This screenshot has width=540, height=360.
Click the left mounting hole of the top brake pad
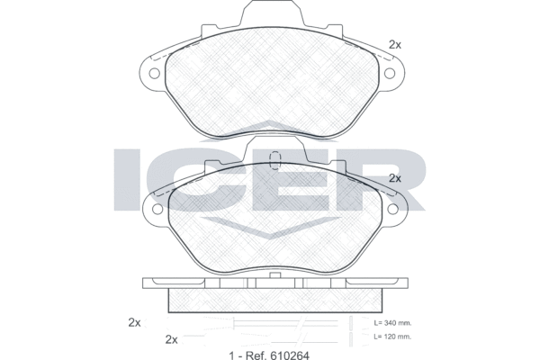point(154,74)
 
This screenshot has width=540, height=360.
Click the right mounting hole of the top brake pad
point(390,74)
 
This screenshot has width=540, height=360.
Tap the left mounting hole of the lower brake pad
point(157,209)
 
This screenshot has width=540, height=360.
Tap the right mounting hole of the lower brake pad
point(392,209)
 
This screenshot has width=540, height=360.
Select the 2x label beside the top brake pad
point(395,44)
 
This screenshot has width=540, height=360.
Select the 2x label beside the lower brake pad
point(395,178)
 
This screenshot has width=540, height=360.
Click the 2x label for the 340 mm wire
point(134,322)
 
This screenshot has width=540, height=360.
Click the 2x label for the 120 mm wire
point(172,339)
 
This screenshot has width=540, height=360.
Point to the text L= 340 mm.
point(392,323)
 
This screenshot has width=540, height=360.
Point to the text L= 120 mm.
point(392,337)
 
